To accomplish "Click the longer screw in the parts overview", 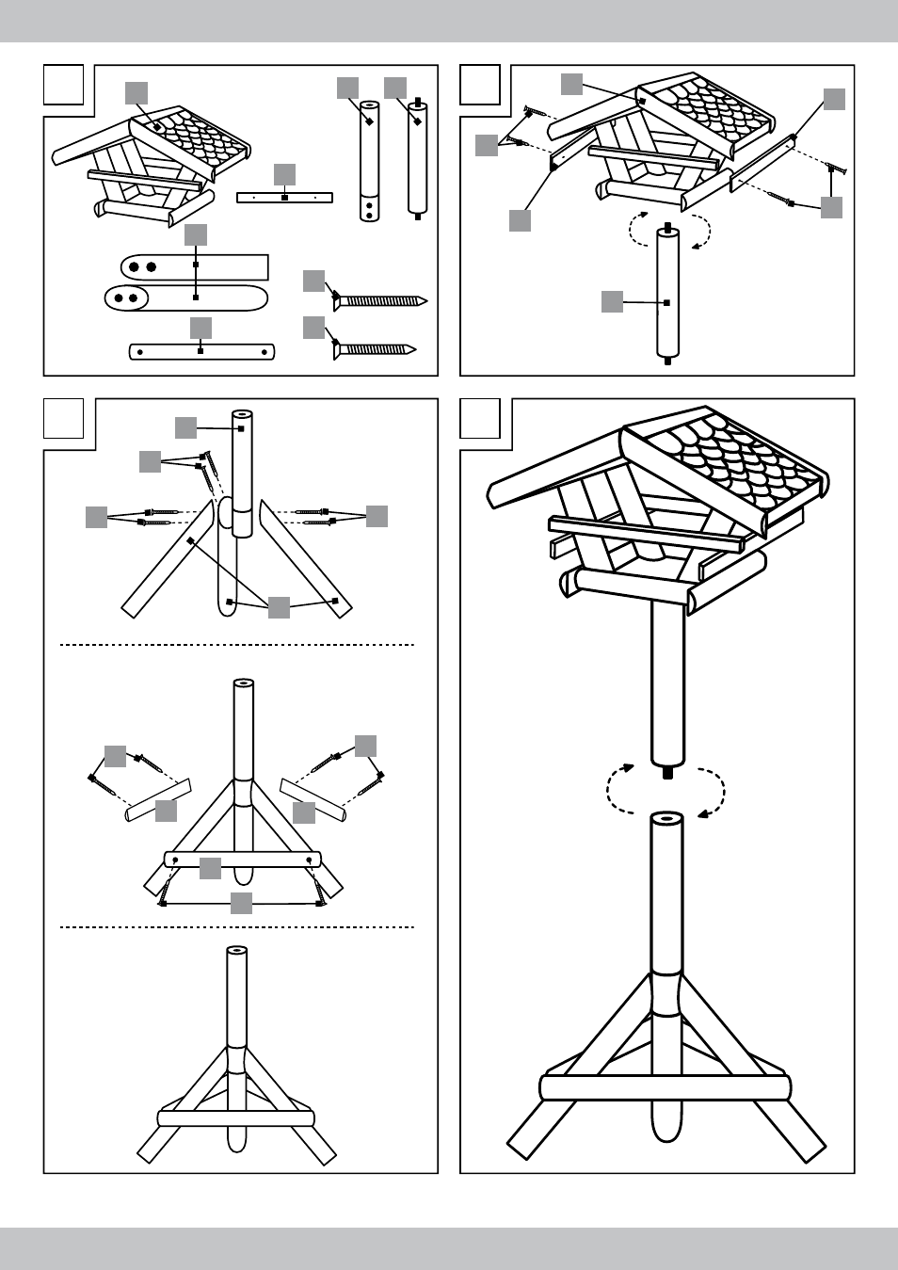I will click(380, 301).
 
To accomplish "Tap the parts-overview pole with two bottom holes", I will click(369, 161).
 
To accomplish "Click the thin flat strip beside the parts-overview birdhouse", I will click(284, 198).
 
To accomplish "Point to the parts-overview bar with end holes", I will click(201, 352).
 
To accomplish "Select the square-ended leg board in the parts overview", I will click(195, 266).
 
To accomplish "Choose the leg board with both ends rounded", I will click(186, 298).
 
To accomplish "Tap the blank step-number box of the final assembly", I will click(480, 419).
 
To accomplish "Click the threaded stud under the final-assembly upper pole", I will click(667, 772).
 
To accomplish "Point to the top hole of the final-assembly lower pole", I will click(667, 818).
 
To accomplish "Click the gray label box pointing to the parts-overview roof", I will click(136, 92).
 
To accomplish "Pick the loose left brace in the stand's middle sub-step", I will click(158, 799).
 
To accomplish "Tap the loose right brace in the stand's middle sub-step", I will click(313, 799).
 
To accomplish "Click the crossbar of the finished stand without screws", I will click(235, 1118).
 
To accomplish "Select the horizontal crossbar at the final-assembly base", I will click(666, 1087).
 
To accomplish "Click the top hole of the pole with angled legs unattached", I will click(242, 413).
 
